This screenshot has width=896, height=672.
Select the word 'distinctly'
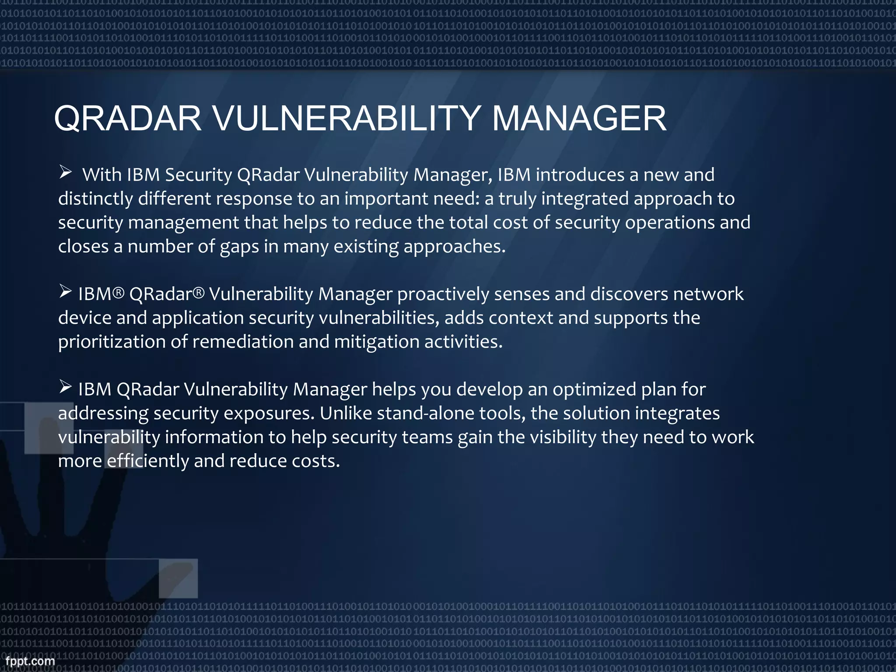pyautogui.click(x=95, y=199)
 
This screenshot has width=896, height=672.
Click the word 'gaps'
pyautogui.click(x=239, y=247)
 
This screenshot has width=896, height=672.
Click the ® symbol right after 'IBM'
pyautogui.click(x=119, y=292)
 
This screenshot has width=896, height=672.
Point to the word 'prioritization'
pyautogui.click(x=112, y=342)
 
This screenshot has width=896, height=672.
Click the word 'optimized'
pyautogui.click(x=594, y=389)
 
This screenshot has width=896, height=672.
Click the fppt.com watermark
pyautogui.click(x=30, y=661)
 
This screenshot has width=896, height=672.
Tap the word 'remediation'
pyautogui.click(x=243, y=342)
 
